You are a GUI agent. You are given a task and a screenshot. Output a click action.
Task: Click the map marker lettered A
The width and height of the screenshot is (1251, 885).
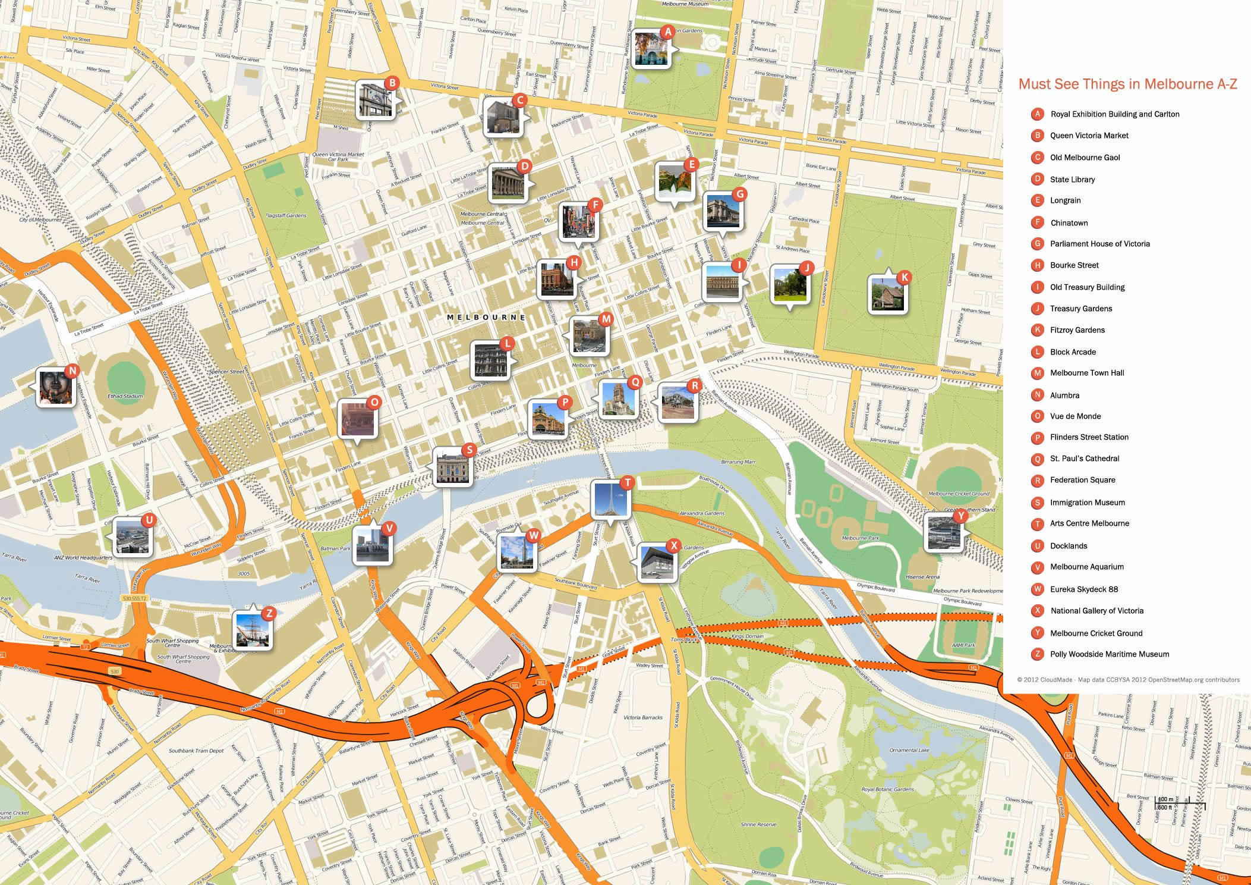tap(668, 32)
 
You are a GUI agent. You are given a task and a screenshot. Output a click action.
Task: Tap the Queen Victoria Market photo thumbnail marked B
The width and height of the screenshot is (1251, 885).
tap(375, 101)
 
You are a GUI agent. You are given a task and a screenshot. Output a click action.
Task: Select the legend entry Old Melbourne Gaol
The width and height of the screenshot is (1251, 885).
tap(1085, 158)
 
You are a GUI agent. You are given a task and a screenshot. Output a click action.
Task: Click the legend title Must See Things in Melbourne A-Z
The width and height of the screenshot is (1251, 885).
tap(1127, 84)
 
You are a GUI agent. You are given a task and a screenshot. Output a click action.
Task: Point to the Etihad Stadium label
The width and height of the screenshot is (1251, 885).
tap(125, 396)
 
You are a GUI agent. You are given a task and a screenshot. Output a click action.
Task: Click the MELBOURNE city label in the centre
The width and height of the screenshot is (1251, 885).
tap(486, 318)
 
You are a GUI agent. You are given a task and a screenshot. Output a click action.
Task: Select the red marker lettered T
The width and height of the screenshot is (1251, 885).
tap(626, 482)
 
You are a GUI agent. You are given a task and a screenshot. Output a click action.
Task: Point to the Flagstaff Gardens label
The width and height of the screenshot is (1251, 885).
tap(286, 216)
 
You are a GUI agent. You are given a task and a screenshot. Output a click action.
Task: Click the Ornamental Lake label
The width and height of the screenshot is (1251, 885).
tap(909, 751)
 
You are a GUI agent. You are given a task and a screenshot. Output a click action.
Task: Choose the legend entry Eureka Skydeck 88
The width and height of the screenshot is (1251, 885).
tap(1083, 589)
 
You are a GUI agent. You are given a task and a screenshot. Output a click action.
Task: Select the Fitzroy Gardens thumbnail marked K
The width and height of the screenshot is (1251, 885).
tap(887, 294)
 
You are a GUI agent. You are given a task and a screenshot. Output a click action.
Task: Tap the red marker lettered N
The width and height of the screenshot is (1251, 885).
tap(71, 371)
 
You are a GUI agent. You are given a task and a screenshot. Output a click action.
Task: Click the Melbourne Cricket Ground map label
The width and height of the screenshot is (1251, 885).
tap(959, 494)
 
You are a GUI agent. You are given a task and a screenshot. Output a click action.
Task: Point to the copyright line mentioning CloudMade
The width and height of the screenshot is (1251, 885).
tap(1127, 680)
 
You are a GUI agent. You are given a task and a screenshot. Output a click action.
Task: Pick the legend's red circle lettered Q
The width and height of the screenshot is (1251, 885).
tap(1037, 459)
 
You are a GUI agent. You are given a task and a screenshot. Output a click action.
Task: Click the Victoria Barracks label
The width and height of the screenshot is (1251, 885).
tap(642, 718)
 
